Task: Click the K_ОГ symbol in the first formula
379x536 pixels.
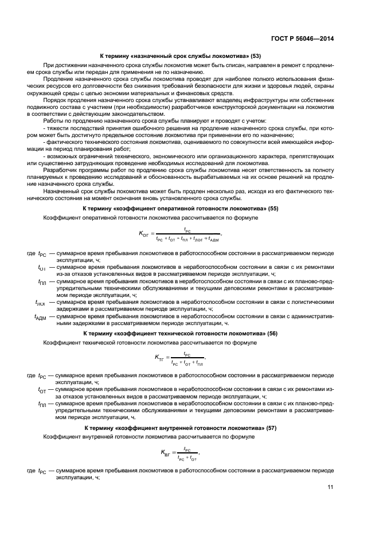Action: [x=144, y=233]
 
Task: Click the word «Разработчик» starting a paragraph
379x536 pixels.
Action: [x=60, y=170]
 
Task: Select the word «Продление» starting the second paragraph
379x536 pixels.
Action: [x=58, y=81]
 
